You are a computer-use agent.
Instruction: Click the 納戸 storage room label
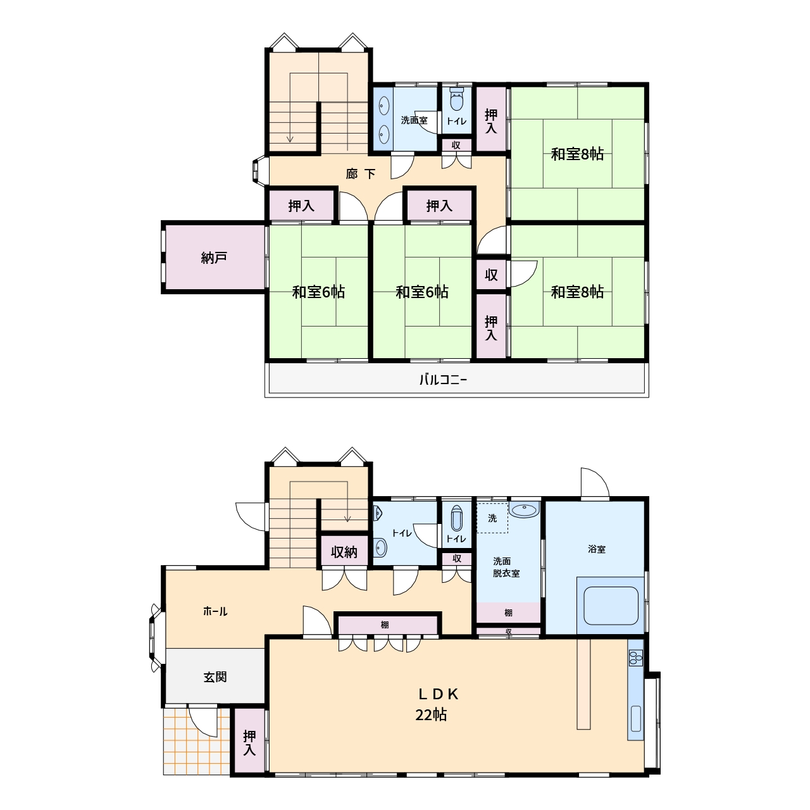click(x=214, y=258)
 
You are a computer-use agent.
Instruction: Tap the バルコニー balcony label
click(x=443, y=380)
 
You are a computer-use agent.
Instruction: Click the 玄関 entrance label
click(x=215, y=676)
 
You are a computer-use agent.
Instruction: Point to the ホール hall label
click(x=215, y=611)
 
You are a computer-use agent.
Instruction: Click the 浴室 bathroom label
click(x=597, y=549)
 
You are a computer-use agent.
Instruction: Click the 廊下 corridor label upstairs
click(x=361, y=173)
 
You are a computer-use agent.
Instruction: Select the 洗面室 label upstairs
click(x=414, y=120)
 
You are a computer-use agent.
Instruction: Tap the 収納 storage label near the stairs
click(x=344, y=552)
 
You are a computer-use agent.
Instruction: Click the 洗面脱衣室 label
click(x=506, y=567)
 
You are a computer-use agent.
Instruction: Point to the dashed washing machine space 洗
click(x=492, y=518)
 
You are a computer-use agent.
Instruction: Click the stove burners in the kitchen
click(x=635, y=657)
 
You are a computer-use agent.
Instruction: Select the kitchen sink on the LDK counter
click(x=636, y=720)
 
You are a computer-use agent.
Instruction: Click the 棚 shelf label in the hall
click(x=385, y=625)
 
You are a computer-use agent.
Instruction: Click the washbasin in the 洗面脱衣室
click(x=524, y=510)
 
